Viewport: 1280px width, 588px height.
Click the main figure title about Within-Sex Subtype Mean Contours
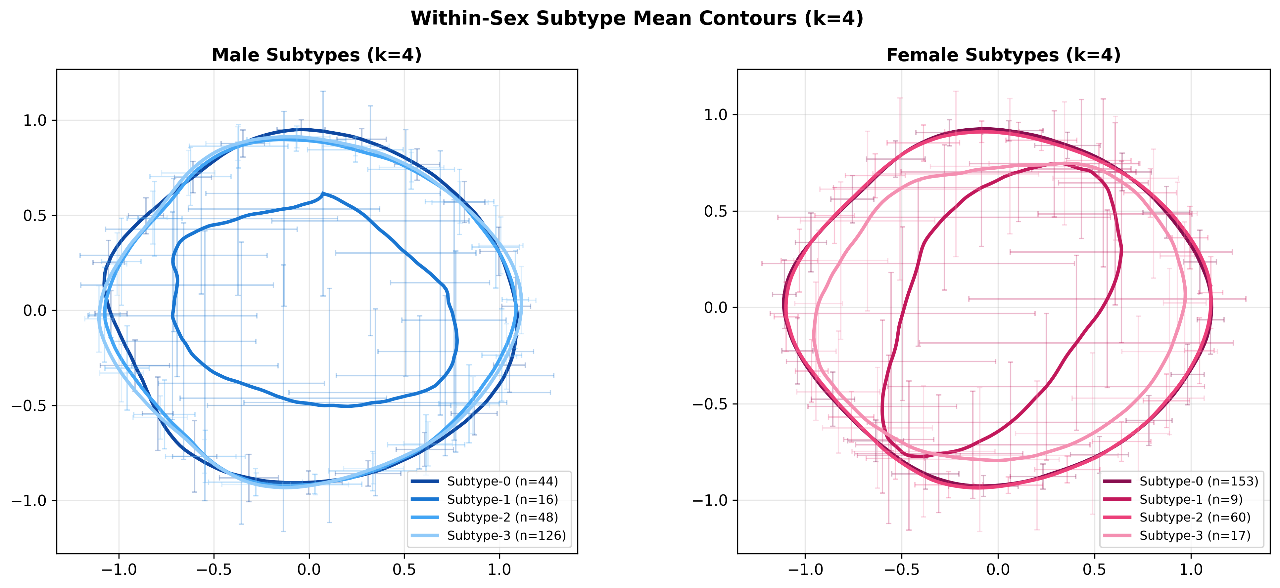click(637, 19)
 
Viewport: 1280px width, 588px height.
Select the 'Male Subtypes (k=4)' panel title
click(316, 55)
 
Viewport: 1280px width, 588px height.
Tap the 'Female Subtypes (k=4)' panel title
click(1003, 55)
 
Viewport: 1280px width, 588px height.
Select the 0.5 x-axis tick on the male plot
click(404, 569)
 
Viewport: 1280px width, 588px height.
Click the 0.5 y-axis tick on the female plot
click(716, 211)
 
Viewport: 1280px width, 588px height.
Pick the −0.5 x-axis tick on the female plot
click(901, 569)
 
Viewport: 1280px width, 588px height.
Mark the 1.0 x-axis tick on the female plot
click(1191, 569)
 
